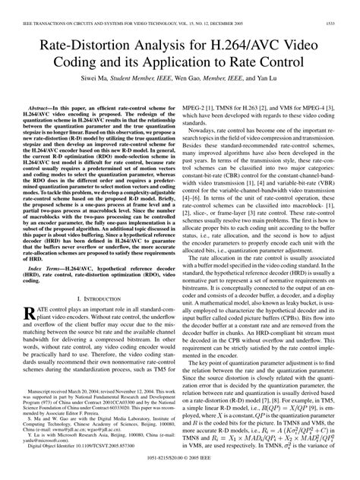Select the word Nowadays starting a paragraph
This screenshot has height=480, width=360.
[204, 131]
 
